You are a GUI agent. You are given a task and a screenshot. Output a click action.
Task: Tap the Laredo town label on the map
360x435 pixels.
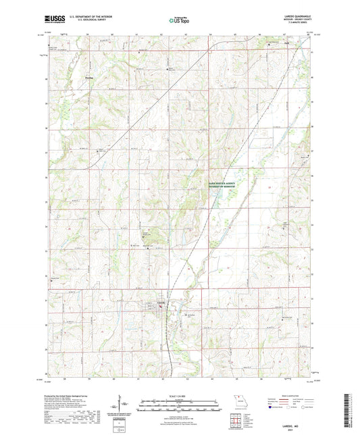tap(161, 301)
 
